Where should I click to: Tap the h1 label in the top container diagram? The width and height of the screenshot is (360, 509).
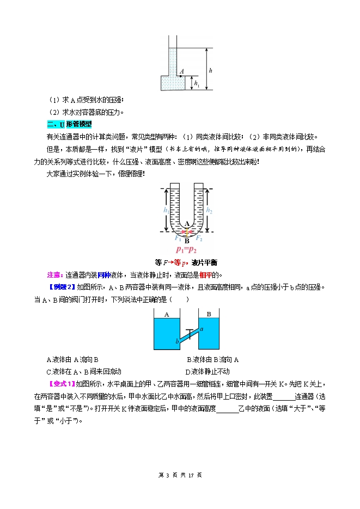[x=197, y=84]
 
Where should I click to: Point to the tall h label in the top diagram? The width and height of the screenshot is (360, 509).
[x=211, y=71]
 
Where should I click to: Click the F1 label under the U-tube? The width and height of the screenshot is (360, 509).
[x=177, y=238]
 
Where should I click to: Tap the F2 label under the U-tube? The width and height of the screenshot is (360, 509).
[x=199, y=238]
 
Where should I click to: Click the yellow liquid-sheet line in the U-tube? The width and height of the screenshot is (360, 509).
[x=187, y=232]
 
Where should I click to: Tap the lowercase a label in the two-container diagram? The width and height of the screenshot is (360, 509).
[x=202, y=328]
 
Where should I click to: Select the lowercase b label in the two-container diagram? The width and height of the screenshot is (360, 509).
[x=176, y=341]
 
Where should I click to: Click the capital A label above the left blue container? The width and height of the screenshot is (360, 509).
[x=166, y=315]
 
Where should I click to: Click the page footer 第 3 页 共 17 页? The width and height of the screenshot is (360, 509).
[x=180, y=475]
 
